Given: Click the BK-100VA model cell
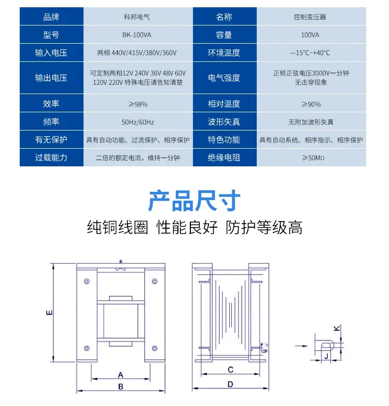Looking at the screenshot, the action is click(x=136, y=35).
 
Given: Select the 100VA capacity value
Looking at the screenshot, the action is click(x=310, y=35).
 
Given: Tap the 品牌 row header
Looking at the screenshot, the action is click(x=51, y=17).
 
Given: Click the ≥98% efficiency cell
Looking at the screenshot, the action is click(x=138, y=104).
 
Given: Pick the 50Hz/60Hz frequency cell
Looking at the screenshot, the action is click(x=137, y=122).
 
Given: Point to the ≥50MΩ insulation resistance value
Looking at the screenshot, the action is click(x=313, y=158).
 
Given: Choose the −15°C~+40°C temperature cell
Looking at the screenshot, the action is click(x=310, y=53).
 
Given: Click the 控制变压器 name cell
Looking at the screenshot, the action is click(x=310, y=17).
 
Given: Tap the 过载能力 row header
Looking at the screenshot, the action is click(x=51, y=158).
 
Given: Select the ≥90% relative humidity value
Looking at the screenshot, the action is click(x=311, y=104).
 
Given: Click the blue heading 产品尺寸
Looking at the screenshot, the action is click(x=195, y=201).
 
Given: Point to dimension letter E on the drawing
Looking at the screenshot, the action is click(x=49, y=312).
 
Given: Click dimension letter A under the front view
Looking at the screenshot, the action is click(x=121, y=375).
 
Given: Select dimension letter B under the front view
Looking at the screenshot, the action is click(x=121, y=387).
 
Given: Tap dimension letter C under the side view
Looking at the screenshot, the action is click(x=230, y=370).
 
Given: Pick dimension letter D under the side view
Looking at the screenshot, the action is click(x=230, y=384).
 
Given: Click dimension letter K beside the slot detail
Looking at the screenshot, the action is click(x=337, y=328).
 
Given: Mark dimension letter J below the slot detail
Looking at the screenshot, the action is click(x=326, y=356).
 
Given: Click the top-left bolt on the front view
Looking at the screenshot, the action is click(x=87, y=281).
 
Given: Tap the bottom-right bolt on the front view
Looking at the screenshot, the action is click(x=155, y=348).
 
